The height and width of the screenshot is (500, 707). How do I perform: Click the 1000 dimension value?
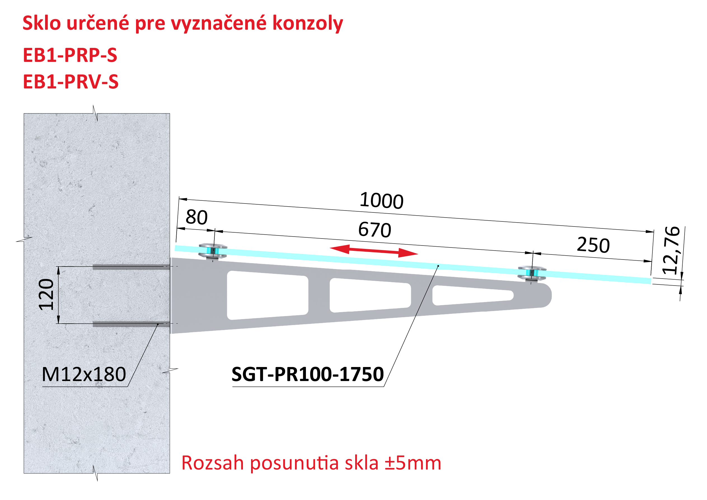tap(381, 200)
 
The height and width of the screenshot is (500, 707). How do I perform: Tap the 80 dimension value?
tap(196, 217)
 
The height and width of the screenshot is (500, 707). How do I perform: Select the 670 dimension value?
tap(374, 230)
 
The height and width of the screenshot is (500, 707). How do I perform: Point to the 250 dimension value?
tap(593, 245)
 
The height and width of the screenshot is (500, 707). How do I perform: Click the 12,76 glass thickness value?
tap(671, 250)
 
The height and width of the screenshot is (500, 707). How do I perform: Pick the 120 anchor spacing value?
tap(46, 295)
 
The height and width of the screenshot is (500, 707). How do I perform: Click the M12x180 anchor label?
tap(84, 374)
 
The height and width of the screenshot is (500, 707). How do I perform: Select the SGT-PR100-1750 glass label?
tap(308, 374)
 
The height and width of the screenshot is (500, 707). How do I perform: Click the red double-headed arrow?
tap(374, 251)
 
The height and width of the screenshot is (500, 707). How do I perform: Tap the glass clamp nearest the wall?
tap(213, 251)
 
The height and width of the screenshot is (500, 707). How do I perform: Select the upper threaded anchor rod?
tap(131, 267)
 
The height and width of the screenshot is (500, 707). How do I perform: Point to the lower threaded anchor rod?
tap(131, 324)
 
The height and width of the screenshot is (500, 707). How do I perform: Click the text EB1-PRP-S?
tap(70, 55)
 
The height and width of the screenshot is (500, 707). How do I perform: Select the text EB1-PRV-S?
tap(71, 82)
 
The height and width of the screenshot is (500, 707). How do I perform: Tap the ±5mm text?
tap(413, 463)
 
